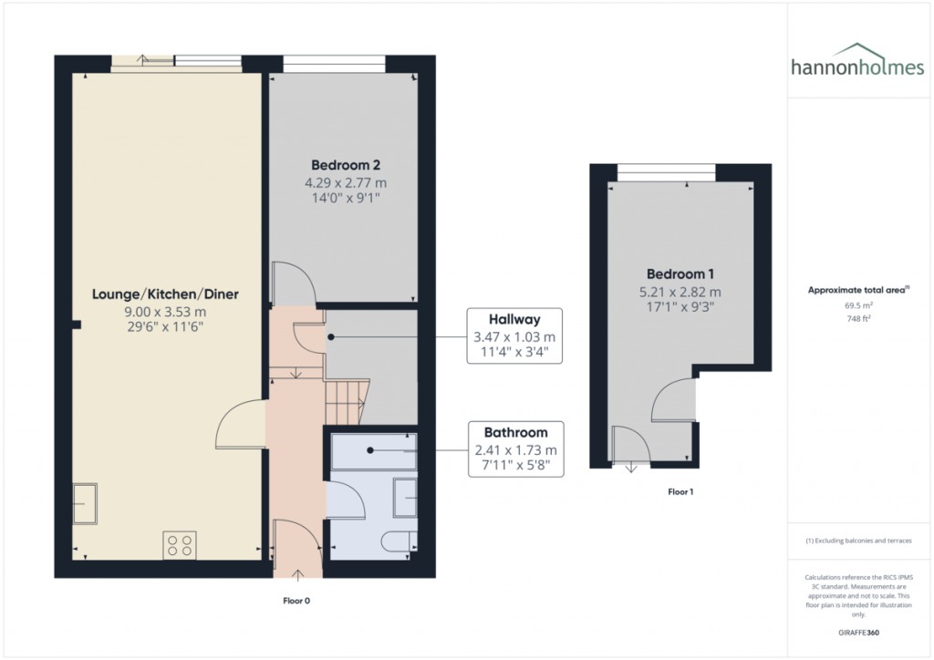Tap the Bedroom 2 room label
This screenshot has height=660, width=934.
345,165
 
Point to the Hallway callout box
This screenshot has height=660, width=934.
514,336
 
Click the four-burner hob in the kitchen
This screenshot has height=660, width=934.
180,545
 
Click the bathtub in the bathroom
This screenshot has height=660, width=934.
373,450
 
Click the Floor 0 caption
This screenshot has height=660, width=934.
297,601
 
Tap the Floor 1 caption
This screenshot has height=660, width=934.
680,492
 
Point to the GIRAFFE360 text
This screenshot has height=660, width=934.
858,632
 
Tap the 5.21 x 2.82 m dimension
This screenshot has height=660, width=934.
680,292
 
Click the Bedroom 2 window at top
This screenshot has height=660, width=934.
333,63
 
